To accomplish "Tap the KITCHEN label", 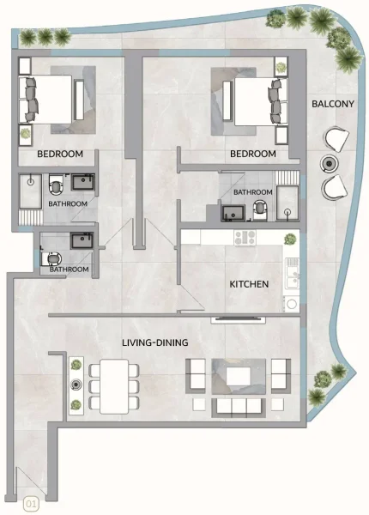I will tap(249, 284).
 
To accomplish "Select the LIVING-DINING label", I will tap(153, 343).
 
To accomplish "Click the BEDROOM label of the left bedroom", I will tap(59, 154).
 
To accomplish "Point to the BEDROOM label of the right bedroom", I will tap(252, 154).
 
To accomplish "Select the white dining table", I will tap(112, 385).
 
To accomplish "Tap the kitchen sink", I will tap(293, 274).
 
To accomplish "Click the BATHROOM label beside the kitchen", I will tap(253, 192).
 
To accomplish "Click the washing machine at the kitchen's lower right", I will tap(292, 304).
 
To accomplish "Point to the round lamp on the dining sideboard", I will tap(76, 385).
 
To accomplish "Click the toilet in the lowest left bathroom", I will tap(54, 256).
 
